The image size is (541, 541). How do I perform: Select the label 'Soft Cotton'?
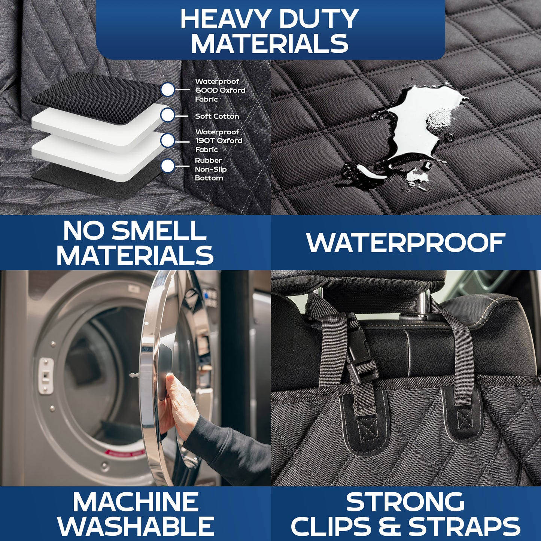click(217, 116)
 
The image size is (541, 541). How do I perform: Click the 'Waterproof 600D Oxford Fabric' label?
click(220, 90)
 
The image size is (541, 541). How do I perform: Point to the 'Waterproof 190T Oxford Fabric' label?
click(219, 141)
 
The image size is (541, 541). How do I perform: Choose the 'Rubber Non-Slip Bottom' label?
click(210, 169)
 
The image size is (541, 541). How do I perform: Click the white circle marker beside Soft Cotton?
click(168, 115)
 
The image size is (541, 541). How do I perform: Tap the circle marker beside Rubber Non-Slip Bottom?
click(168, 166)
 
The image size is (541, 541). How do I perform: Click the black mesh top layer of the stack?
click(97, 97)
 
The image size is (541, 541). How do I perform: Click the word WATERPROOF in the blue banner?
click(406, 243)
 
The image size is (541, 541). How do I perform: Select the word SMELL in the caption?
click(159, 231)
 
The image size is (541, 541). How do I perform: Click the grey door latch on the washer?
click(46, 376)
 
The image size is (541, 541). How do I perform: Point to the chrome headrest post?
click(424, 305)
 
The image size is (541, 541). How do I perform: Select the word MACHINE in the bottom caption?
click(136, 502)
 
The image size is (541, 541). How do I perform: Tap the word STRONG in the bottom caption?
click(405, 502)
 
